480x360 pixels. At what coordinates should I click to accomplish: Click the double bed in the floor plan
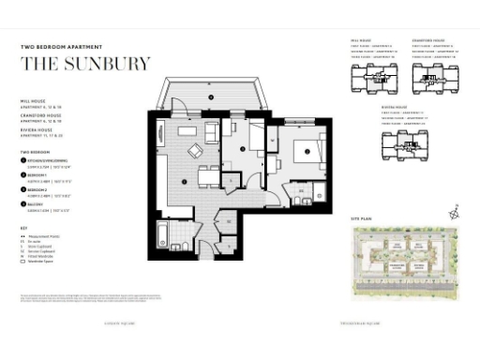click(x=306, y=149)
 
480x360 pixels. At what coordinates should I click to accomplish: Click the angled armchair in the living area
click(x=195, y=151)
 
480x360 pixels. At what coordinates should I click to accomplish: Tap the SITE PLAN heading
click(x=362, y=218)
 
